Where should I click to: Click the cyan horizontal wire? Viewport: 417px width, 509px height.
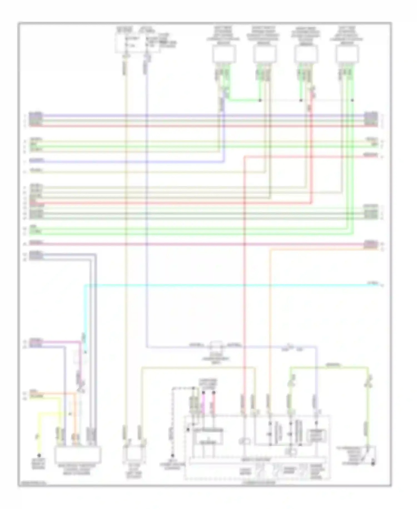coord(222,285)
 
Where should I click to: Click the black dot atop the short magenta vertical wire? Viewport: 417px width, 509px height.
coord(203,392)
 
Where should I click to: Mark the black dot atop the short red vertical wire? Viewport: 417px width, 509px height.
coord(214,392)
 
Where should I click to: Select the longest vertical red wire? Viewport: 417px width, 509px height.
coord(244,278)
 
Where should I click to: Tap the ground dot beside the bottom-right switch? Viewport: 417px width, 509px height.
coord(373,464)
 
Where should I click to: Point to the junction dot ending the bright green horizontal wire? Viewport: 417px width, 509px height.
coord(260,100)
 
